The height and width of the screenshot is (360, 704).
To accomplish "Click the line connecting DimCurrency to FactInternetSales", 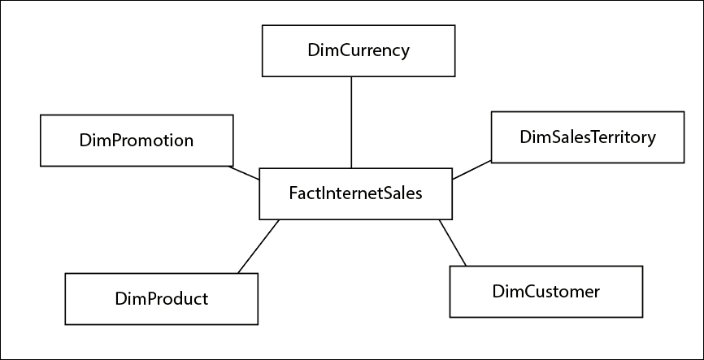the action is tap(351, 123).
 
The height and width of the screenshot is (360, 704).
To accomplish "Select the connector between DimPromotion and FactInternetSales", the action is tap(244, 173).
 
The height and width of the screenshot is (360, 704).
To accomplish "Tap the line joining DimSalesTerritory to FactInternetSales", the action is tap(472, 170).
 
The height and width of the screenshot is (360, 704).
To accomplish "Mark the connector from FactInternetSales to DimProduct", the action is tap(259, 246).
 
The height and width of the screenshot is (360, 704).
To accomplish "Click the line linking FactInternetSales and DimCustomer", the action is tap(453, 243).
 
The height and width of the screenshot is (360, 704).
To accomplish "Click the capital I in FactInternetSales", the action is tap(321, 193).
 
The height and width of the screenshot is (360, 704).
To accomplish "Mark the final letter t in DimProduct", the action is tap(205, 299).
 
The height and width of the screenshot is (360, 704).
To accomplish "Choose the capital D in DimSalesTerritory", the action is tap(526, 137).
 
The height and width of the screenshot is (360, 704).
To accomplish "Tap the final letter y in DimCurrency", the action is tap(405, 53).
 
